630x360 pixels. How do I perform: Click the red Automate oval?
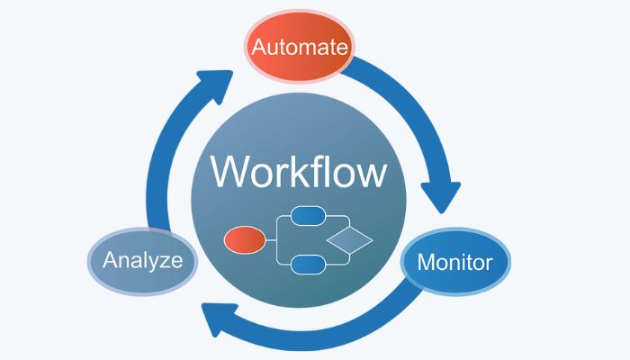click(299, 47)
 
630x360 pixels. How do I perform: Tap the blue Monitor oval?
click(454, 263)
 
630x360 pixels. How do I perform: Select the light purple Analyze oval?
click(143, 262)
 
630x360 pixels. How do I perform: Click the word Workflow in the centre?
click(300, 171)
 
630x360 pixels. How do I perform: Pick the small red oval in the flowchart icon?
click(244, 239)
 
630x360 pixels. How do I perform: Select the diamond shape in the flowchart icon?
click(349, 240)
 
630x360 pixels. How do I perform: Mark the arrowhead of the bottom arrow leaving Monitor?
click(216, 316)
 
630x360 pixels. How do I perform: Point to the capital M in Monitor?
click(427, 264)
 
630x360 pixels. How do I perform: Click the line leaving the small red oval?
click(272, 239)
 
